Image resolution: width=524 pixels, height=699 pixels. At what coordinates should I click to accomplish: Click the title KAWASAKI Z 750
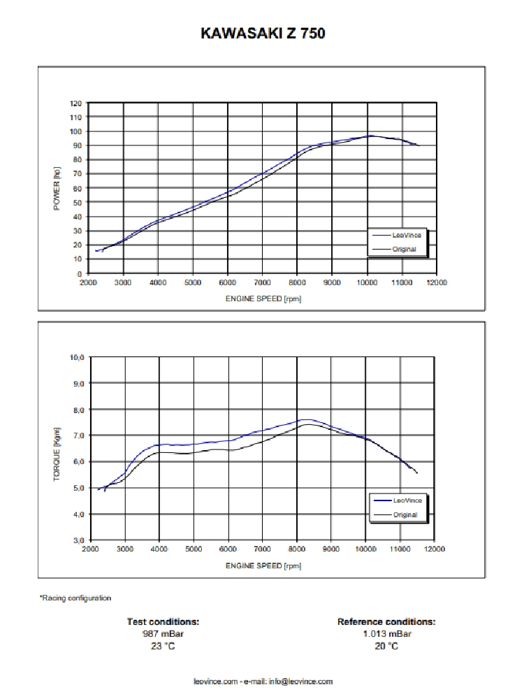pyautogui.click(x=263, y=33)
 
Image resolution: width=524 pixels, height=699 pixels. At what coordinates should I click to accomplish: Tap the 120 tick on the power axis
pyautogui.click(x=76, y=103)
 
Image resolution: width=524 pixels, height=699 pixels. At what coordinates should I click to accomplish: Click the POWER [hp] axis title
pyautogui.click(x=58, y=188)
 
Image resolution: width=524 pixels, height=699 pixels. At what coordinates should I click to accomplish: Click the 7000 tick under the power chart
pyautogui.click(x=262, y=282)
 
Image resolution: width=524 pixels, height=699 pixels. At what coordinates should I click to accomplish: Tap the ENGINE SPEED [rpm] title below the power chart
pyautogui.click(x=263, y=298)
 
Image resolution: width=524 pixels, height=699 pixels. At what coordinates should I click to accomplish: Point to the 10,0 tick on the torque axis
pyautogui.click(x=77, y=357)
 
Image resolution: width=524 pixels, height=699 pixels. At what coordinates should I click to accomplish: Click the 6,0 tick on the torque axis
pyautogui.click(x=78, y=461)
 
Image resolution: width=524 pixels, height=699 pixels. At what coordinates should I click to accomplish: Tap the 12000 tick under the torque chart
pyautogui.click(x=434, y=549)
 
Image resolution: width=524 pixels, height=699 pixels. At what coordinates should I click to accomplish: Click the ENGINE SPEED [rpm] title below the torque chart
pyautogui.click(x=263, y=565)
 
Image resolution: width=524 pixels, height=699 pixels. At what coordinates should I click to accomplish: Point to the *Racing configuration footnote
pyautogui.click(x=75, y=598)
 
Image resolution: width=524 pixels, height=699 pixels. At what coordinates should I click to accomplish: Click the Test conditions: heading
pyautogui.click(x=163, y=621)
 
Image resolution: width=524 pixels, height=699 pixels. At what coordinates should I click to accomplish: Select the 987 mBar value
pyautogui.click(x=163, y=634)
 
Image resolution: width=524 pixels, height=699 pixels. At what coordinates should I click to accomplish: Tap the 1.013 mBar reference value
pyautogui.click(x=386, y=634)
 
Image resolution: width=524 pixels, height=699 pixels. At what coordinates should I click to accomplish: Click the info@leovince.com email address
pyautogui.click(x=300, y=682)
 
